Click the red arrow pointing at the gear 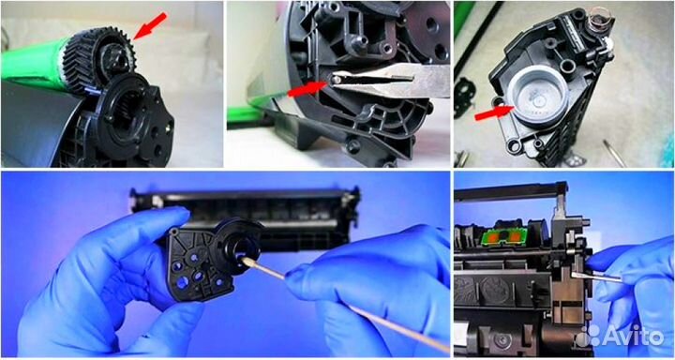(x=150, y=26)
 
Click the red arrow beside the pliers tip (x=307, y=89)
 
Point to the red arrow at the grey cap (x=493, y=112)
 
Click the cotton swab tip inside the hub (x=247, y=261)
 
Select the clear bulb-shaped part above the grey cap (x=599, y=19)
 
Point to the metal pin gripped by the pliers (x=336, y=79)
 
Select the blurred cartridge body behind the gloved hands (x=246, y=216)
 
